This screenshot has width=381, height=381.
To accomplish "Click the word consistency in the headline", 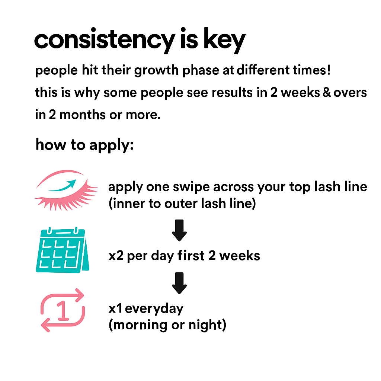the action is pyautogui.click(x=105, y=41).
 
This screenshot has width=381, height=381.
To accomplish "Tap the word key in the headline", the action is pyautogui.click(x=224, y=41).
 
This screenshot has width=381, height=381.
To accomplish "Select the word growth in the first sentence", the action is pyautogui.click(x=156, y=71).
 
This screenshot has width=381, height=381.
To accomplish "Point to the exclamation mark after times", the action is pyautogui.click(x=329, y=70).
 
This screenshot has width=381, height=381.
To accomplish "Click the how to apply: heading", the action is pyautogui.click(x=84, y=145).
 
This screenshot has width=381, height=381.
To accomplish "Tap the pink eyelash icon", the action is pyautogui.click(x=66, y=190).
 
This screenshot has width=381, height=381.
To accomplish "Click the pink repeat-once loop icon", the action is pyautogui.click(x=63, y=310).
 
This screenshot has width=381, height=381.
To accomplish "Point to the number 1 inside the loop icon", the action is pyautogui.click(x=63, y=310).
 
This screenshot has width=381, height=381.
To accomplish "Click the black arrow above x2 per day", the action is pyautogui.click(x=179, y=230).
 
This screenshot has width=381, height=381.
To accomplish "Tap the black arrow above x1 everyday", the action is pyautogui.click(x=179, y=283).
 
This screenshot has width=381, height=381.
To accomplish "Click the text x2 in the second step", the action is pyautogui.click(x=116, y=256).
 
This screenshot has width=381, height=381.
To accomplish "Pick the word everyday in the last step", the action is pyautogui.click(x=154, y=309).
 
